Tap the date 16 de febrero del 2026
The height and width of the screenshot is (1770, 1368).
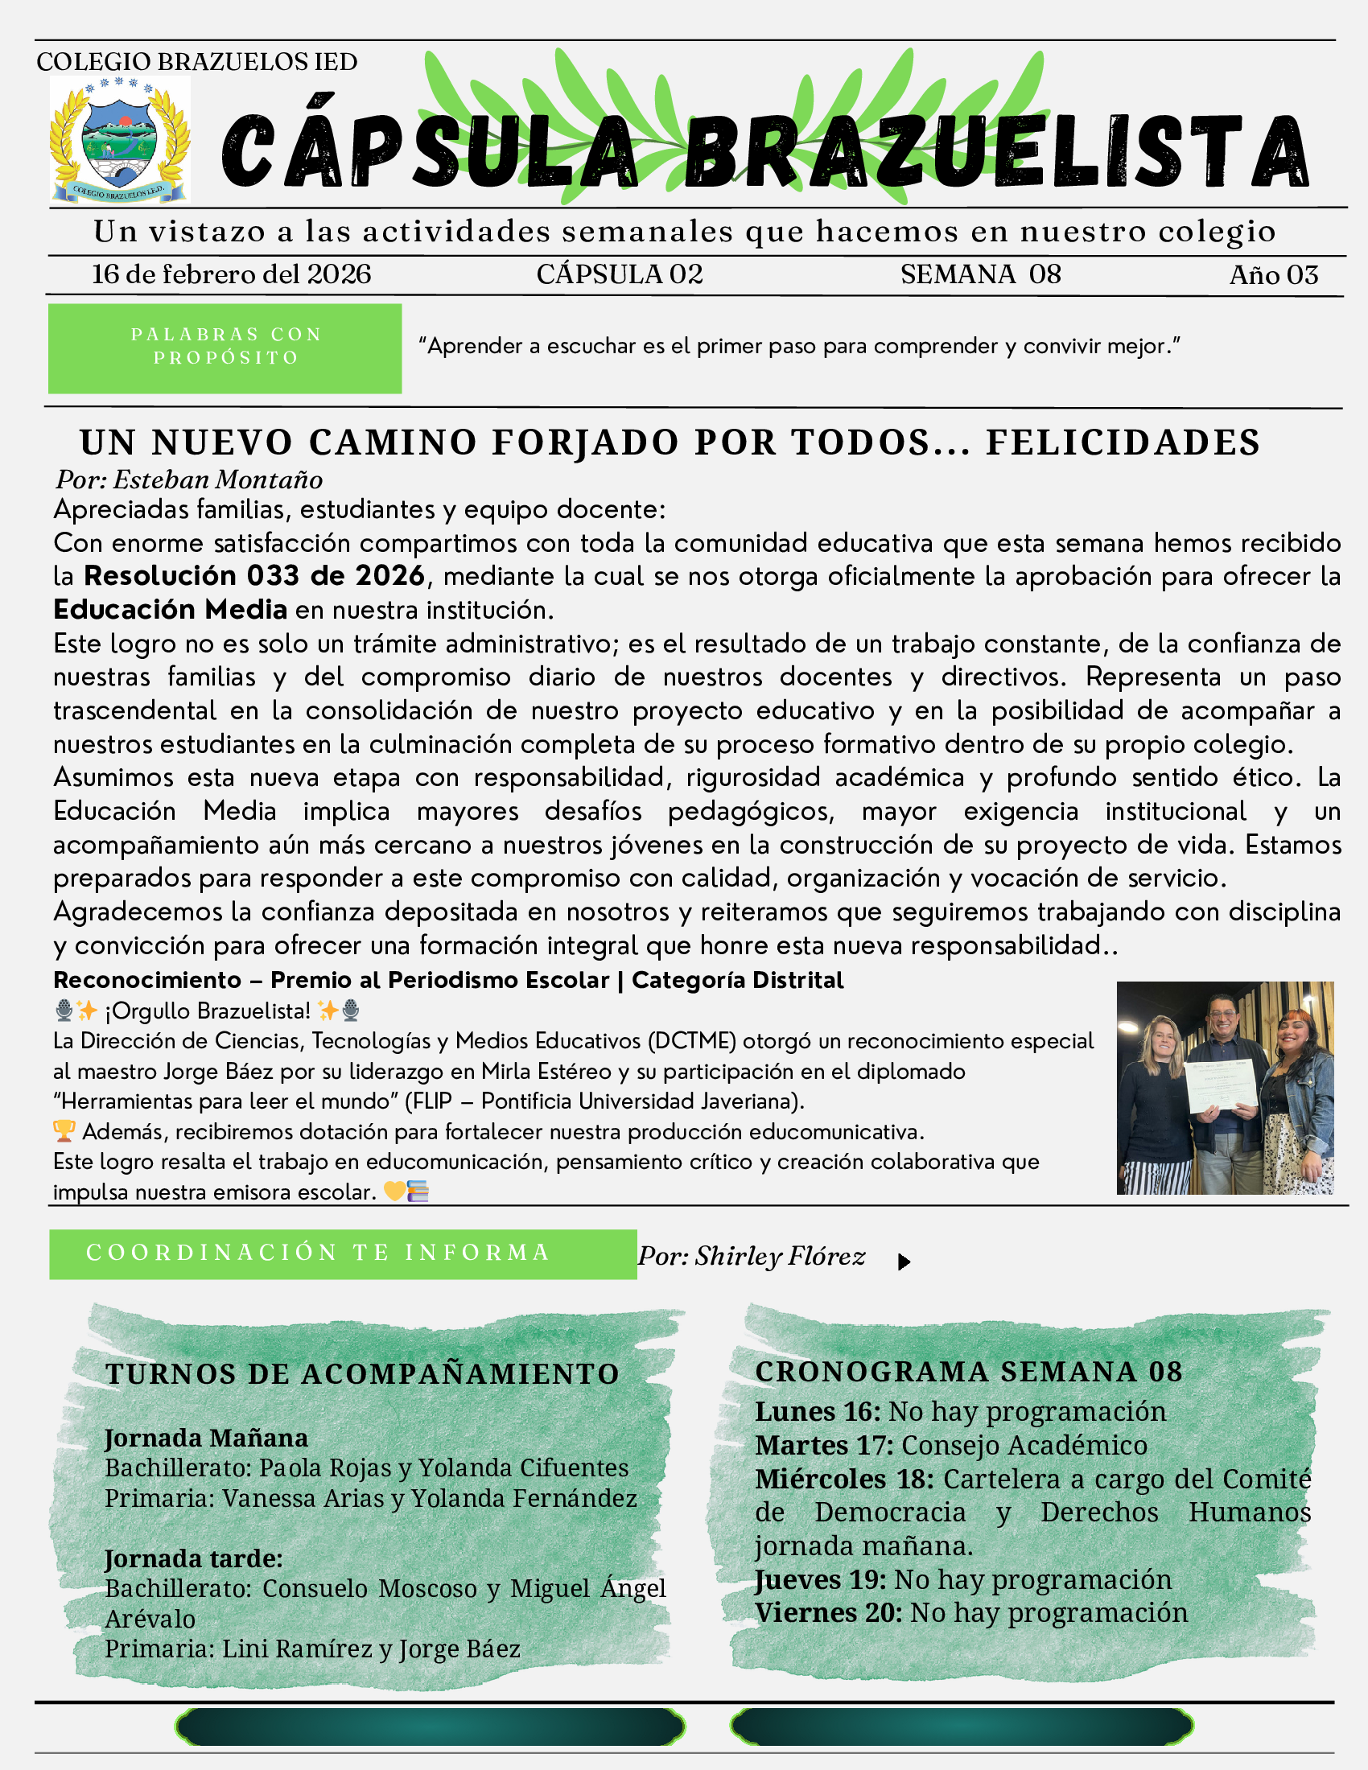coord(231,274)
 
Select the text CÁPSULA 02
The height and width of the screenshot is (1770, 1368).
coord(619,274)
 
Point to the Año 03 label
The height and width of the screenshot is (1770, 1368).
coord(1273,275)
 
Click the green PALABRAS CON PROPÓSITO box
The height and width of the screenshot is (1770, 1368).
coord(225,348)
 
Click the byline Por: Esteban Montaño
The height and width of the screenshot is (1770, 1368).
coord(189,480)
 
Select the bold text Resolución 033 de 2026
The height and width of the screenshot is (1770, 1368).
coord(254,576)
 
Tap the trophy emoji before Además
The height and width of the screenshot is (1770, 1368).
coord(64,1131)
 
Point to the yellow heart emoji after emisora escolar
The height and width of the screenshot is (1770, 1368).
coord(394,1192)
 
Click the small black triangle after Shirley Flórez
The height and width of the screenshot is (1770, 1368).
coord(904,1262)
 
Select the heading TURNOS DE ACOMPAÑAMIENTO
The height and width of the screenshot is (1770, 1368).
coord(362,1373)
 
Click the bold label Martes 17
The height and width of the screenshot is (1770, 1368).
coord(823,1445)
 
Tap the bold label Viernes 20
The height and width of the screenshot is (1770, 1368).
coord(828,1613)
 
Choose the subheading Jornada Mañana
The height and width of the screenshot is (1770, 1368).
coord(206,1438)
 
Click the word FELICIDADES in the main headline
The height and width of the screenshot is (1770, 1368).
coord(1123,443)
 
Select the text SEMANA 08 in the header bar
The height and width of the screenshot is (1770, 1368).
coord(981,274)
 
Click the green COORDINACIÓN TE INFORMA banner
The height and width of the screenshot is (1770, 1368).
coord(342,1253)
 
